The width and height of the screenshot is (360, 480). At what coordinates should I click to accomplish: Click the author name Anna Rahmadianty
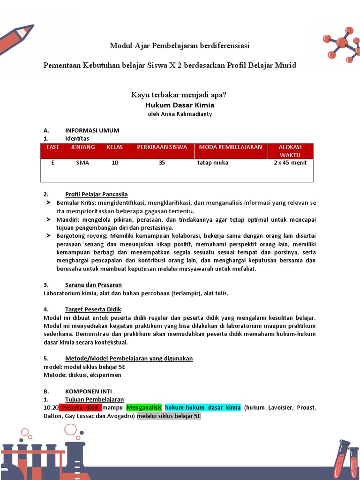(x=180, y=114)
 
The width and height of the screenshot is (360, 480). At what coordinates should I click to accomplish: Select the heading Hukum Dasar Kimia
(x=180, y=105)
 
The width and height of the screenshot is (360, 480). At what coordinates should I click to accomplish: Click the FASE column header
(x=53, y=147)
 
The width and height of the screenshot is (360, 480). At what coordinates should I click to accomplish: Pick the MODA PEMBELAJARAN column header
(x=230, y=147)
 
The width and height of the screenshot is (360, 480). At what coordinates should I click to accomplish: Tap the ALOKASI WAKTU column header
(x=290, y=151)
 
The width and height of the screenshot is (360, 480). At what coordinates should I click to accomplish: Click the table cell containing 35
(x=162, y=163)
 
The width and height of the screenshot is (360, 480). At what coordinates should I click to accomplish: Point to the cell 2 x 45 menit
(x=290, y=163)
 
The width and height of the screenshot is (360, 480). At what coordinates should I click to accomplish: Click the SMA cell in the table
(x=82, y=163)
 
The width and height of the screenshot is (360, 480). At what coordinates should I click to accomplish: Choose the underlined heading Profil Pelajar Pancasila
(x=96, y=194)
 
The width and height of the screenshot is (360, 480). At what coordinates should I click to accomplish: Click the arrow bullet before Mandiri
(x=48, y=219)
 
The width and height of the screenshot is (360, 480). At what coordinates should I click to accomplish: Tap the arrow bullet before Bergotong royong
(x=48, y=236)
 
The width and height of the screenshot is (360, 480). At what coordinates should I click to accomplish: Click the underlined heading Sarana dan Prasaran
(x=93, y=285)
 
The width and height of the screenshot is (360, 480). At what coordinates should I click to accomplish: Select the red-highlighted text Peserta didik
(x=80, y=407)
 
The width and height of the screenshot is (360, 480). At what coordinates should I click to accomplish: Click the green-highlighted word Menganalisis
(x=144, y=407)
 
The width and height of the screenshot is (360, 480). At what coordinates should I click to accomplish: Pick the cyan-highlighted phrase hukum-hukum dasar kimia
(x=202, y=407)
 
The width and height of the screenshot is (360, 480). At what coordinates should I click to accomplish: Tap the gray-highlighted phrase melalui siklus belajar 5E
(x=168, y=416)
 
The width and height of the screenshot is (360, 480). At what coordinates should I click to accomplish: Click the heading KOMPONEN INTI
(x=88, y=391)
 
